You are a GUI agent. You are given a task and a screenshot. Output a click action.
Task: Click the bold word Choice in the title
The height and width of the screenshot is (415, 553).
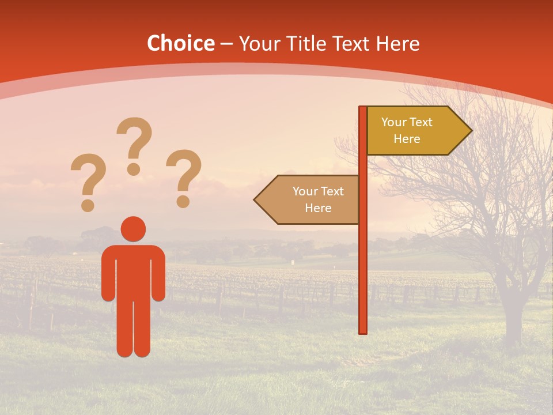[x=180, y=44]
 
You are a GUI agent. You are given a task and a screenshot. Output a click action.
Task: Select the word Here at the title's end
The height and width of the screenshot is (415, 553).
[x=398, y=44]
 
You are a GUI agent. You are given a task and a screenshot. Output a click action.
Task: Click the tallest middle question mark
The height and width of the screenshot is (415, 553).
[x=134, y=144]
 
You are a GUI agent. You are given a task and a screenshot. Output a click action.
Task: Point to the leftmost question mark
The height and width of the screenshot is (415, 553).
[x=87, y=182]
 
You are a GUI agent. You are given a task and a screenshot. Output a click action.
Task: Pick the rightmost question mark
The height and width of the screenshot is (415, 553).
[x=184, y=178]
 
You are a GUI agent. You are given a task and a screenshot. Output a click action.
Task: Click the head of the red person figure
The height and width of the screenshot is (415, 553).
[x=134, y=229]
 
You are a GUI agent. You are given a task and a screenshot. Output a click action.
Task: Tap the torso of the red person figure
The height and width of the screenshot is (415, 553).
[x=134, y=271]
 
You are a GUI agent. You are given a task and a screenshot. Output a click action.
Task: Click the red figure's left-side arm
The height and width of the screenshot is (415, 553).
[x=108, y=274]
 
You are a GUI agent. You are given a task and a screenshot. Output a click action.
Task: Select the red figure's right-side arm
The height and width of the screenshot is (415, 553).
[x=159, y=274]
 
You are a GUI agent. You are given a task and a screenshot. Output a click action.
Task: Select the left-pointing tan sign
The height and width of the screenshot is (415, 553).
[x=311, y=199]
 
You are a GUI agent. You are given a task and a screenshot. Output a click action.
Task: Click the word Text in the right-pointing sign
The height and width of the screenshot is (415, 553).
[x=421, y=122]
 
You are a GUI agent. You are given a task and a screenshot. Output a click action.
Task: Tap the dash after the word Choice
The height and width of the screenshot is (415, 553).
[x=226, y=44]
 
